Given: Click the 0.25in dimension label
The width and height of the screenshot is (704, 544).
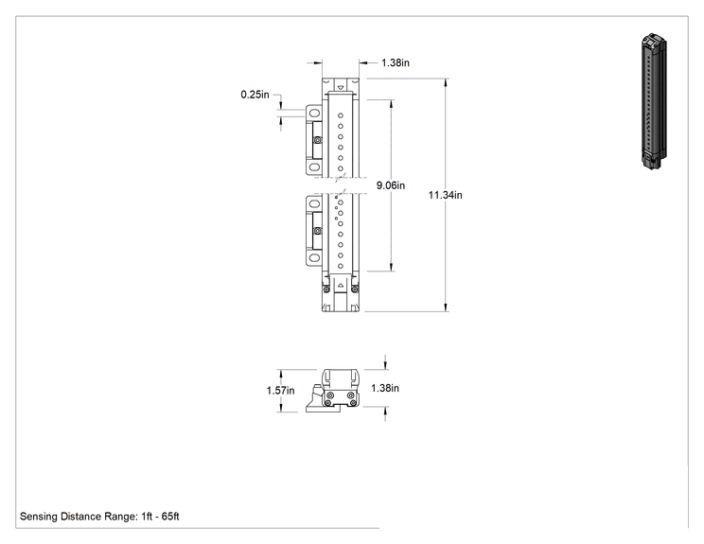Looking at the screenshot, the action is [255, 95].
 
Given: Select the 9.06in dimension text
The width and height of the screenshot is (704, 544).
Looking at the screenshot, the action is [391, 185].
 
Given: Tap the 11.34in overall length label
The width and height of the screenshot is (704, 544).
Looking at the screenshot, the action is [445, 195].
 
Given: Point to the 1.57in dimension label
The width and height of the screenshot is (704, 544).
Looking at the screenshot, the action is [281, 391].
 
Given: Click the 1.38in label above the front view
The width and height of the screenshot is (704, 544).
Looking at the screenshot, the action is [396, 62].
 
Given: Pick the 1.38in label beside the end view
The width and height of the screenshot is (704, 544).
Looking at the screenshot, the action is [385, 388].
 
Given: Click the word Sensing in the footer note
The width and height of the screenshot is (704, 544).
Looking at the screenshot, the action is [39, 517].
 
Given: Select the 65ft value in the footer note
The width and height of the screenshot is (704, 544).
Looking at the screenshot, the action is [170, 517].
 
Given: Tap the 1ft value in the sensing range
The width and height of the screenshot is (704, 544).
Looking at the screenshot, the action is [147, 517].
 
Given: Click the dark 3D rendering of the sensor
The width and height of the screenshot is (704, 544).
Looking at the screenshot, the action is [654, 101].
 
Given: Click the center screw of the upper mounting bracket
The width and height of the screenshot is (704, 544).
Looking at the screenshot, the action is [318, 140].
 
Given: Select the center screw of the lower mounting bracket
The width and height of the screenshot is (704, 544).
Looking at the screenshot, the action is [318, 231].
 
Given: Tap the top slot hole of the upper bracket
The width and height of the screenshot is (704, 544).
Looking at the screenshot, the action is [315, 113].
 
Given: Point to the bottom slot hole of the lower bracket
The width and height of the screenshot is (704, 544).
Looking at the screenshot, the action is [315, 258].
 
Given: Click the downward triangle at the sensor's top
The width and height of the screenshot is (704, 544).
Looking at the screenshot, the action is [341, 87].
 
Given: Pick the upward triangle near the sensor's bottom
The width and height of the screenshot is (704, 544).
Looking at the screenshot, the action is [341, 285].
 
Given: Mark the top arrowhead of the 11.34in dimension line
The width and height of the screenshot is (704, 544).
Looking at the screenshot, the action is [446, 82].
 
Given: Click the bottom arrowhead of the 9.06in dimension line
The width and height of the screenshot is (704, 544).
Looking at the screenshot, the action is [392, 267].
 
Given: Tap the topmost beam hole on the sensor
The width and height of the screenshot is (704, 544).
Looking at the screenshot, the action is [341, 115].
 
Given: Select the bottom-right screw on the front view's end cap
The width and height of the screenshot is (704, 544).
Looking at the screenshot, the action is [355, 290].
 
